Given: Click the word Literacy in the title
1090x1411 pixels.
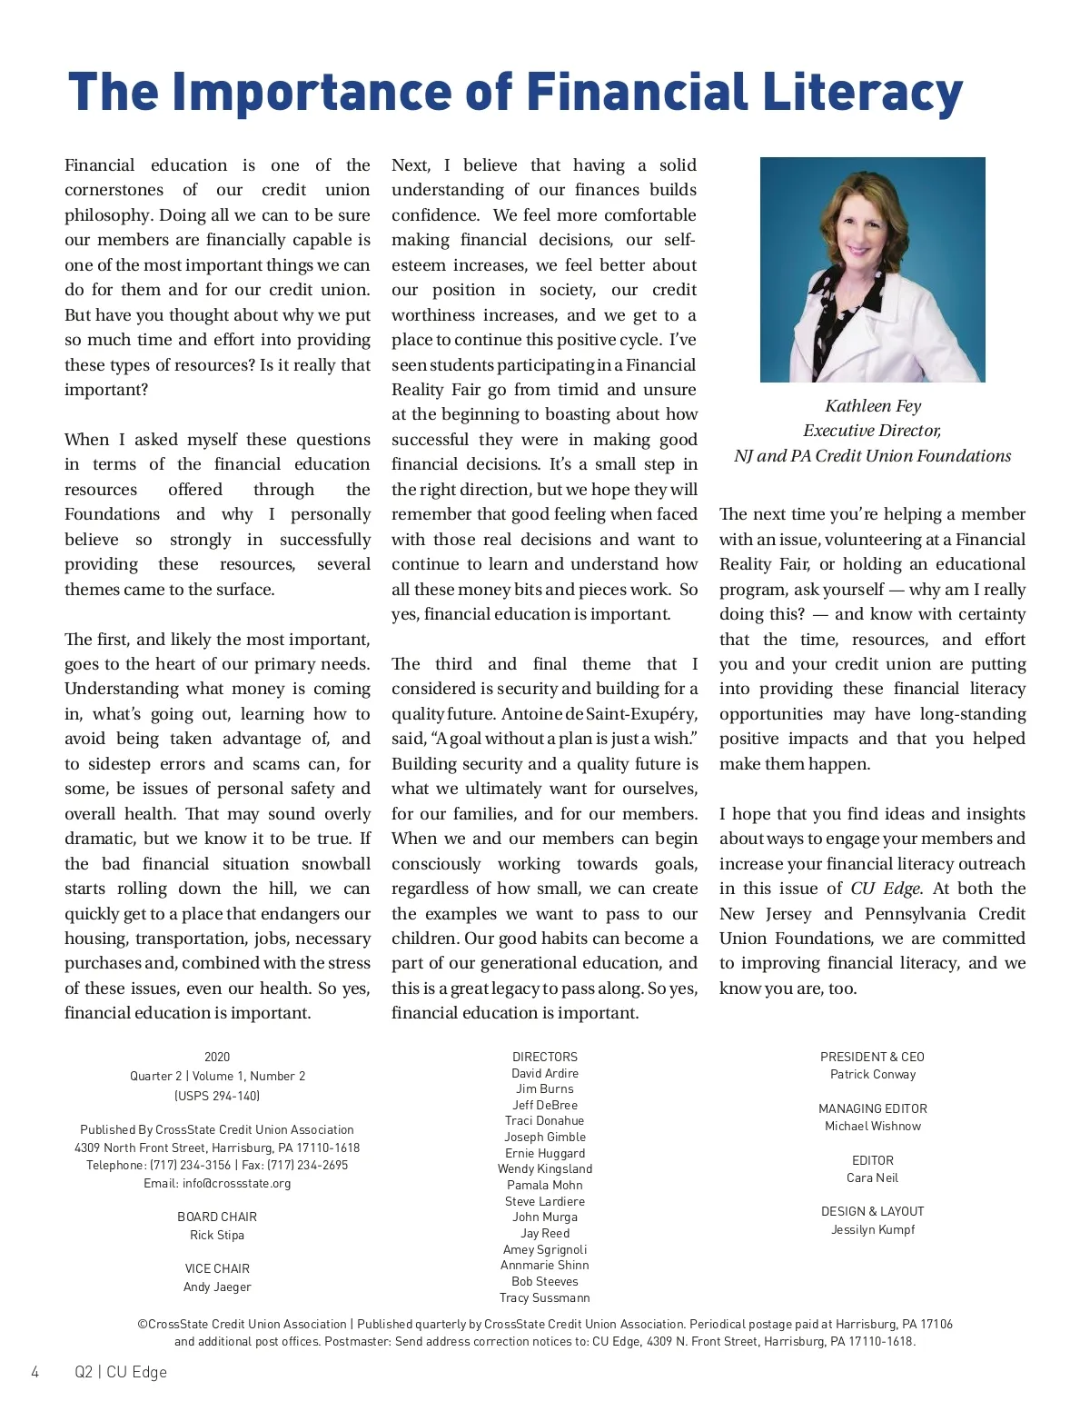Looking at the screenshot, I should [x=861, y=93].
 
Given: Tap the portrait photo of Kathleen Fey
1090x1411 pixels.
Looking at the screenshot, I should [x=872, y=269].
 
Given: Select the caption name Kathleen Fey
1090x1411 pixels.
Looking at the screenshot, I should [x=872, y=406].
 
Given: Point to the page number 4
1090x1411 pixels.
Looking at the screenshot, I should [x=35, y=1372].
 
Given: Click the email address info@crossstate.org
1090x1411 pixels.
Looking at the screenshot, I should [x=236, y=1183].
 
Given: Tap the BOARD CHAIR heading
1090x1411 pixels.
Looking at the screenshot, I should [x=217, y=1217].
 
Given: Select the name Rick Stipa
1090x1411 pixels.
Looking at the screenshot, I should [x=217, y=1235].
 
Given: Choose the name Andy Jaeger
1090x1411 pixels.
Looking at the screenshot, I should [x=217, y=1287].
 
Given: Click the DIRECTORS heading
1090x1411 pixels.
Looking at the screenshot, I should [x=545, y=1057].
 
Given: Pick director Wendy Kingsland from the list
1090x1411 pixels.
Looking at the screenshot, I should [x=545, y=1168].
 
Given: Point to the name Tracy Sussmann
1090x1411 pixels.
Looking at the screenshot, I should [x=545, y=1297].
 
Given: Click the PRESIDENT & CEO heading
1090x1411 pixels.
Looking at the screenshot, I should [x=872, y=1057].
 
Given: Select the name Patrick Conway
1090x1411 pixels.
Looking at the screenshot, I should [x=872, y=1074].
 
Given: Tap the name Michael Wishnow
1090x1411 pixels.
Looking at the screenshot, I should [x=872, y=1126].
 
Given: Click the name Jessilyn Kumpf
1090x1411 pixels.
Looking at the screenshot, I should [x=872, y=1229].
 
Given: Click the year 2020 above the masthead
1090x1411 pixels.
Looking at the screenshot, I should [x=217, y=1057].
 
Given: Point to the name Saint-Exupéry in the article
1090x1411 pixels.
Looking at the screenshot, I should [x=654, y=714].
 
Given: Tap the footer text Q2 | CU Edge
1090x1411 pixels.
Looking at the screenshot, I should [x=121, y=1372].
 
